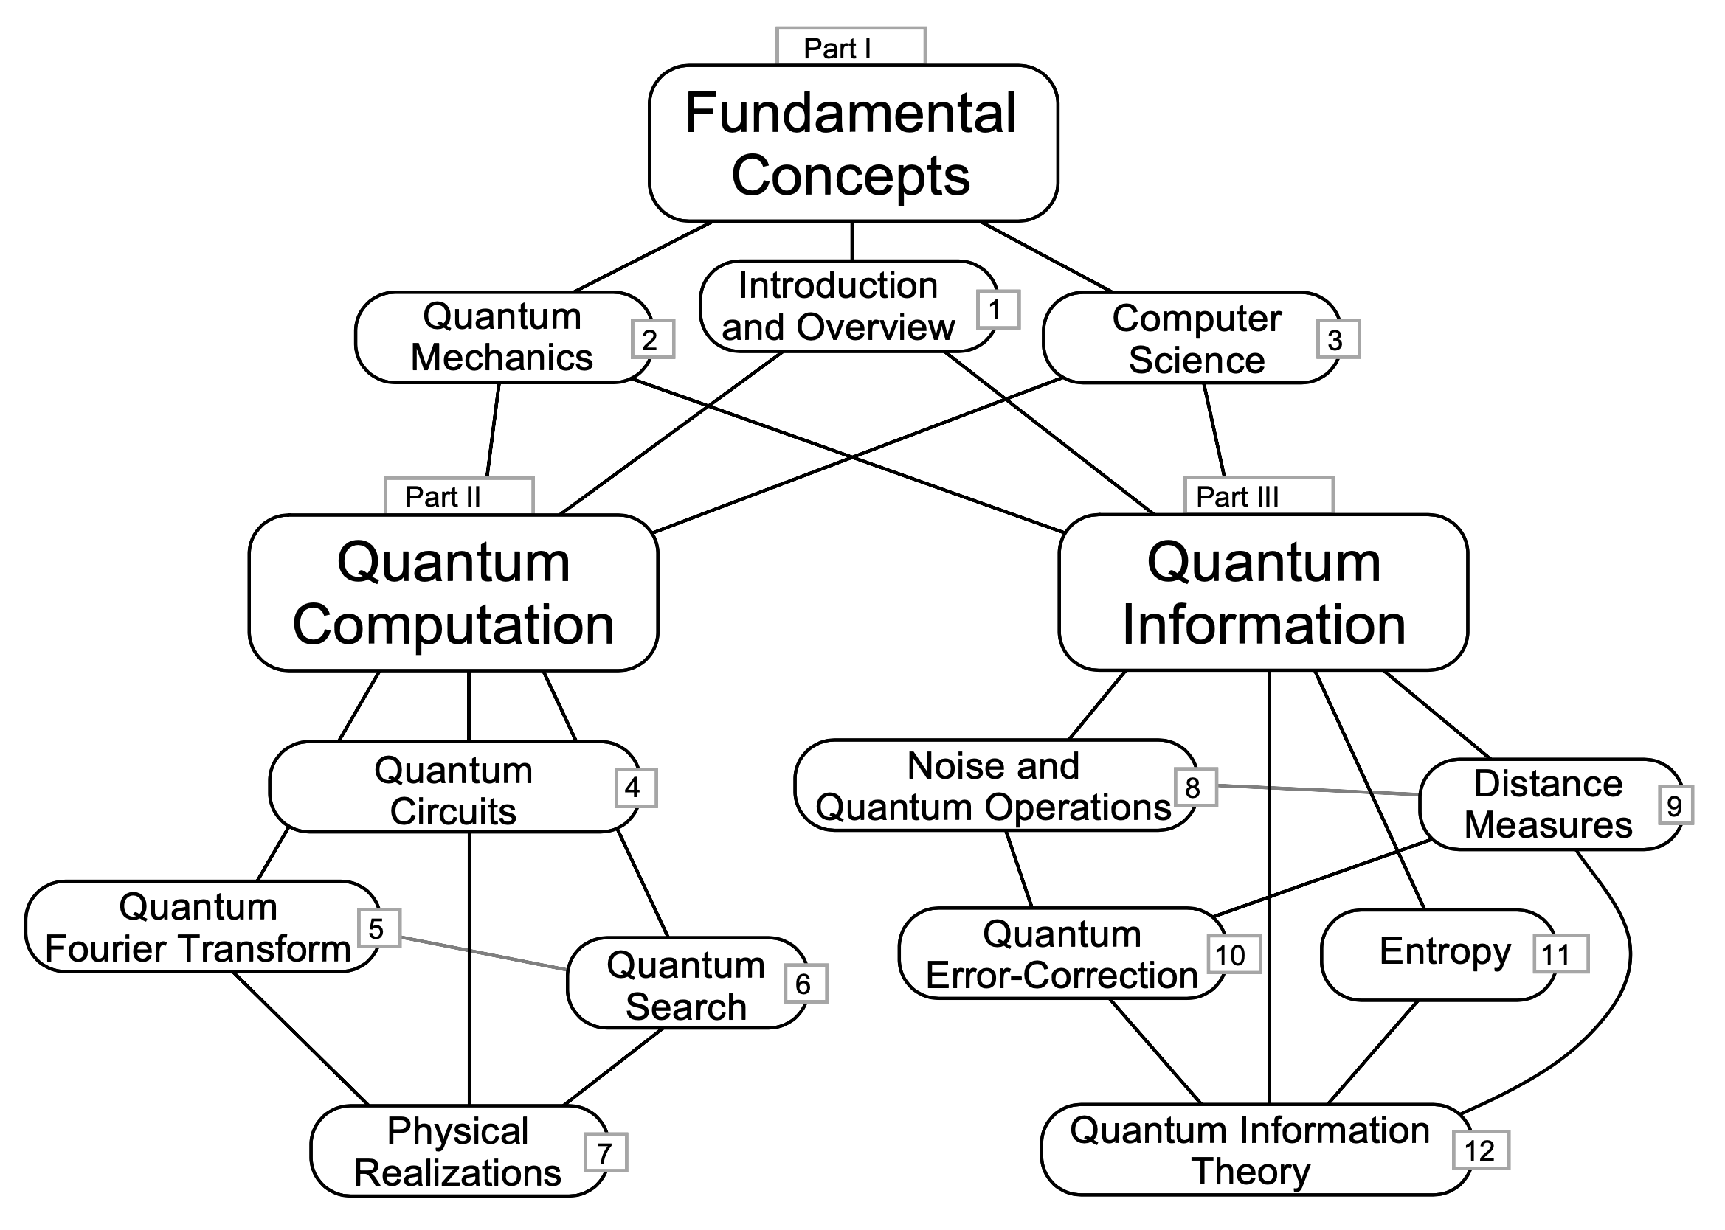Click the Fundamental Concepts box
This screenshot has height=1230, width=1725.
click(x=852, y=144)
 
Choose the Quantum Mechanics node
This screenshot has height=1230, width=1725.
click(x=502, y=337)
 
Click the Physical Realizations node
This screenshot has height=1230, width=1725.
click(x=457, y=1151)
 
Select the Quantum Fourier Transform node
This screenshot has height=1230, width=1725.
click(x=198, y=927)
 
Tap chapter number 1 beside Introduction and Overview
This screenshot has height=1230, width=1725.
click(x=997, y=310)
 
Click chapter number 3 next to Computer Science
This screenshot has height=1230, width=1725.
click(x=1336, y=340)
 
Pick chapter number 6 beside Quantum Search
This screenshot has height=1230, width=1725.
click(x=804, y=984)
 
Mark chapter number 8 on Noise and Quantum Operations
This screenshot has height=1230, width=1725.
click(x=1194, y=788)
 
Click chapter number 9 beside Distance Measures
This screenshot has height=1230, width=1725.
click(x=1675, y=805)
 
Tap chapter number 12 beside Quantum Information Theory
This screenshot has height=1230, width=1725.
click(x=1479, y=1150)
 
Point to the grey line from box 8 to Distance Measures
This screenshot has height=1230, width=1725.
click(x=1318, y=790)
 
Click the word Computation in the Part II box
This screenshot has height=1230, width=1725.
click(x=453, y=625)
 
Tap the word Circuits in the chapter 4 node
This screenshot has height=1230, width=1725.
click(x=453, y=811)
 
